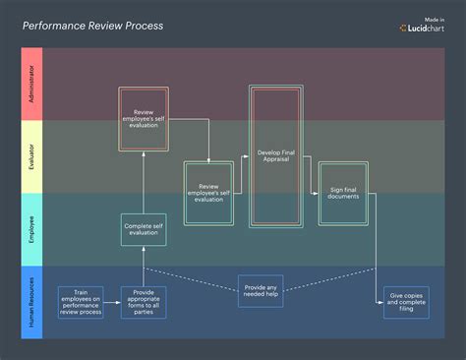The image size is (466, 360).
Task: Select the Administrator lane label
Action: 32,84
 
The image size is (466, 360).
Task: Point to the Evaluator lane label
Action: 32,157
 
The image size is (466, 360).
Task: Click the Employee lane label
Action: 32,228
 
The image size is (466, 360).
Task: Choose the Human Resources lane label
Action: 32,302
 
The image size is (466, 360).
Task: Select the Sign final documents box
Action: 343,193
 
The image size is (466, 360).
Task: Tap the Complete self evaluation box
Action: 145,229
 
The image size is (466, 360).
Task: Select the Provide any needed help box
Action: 261,290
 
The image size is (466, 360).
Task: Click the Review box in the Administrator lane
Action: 145,118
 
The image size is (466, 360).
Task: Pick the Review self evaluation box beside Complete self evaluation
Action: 209,193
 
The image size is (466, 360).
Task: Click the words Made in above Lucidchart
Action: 436,18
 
